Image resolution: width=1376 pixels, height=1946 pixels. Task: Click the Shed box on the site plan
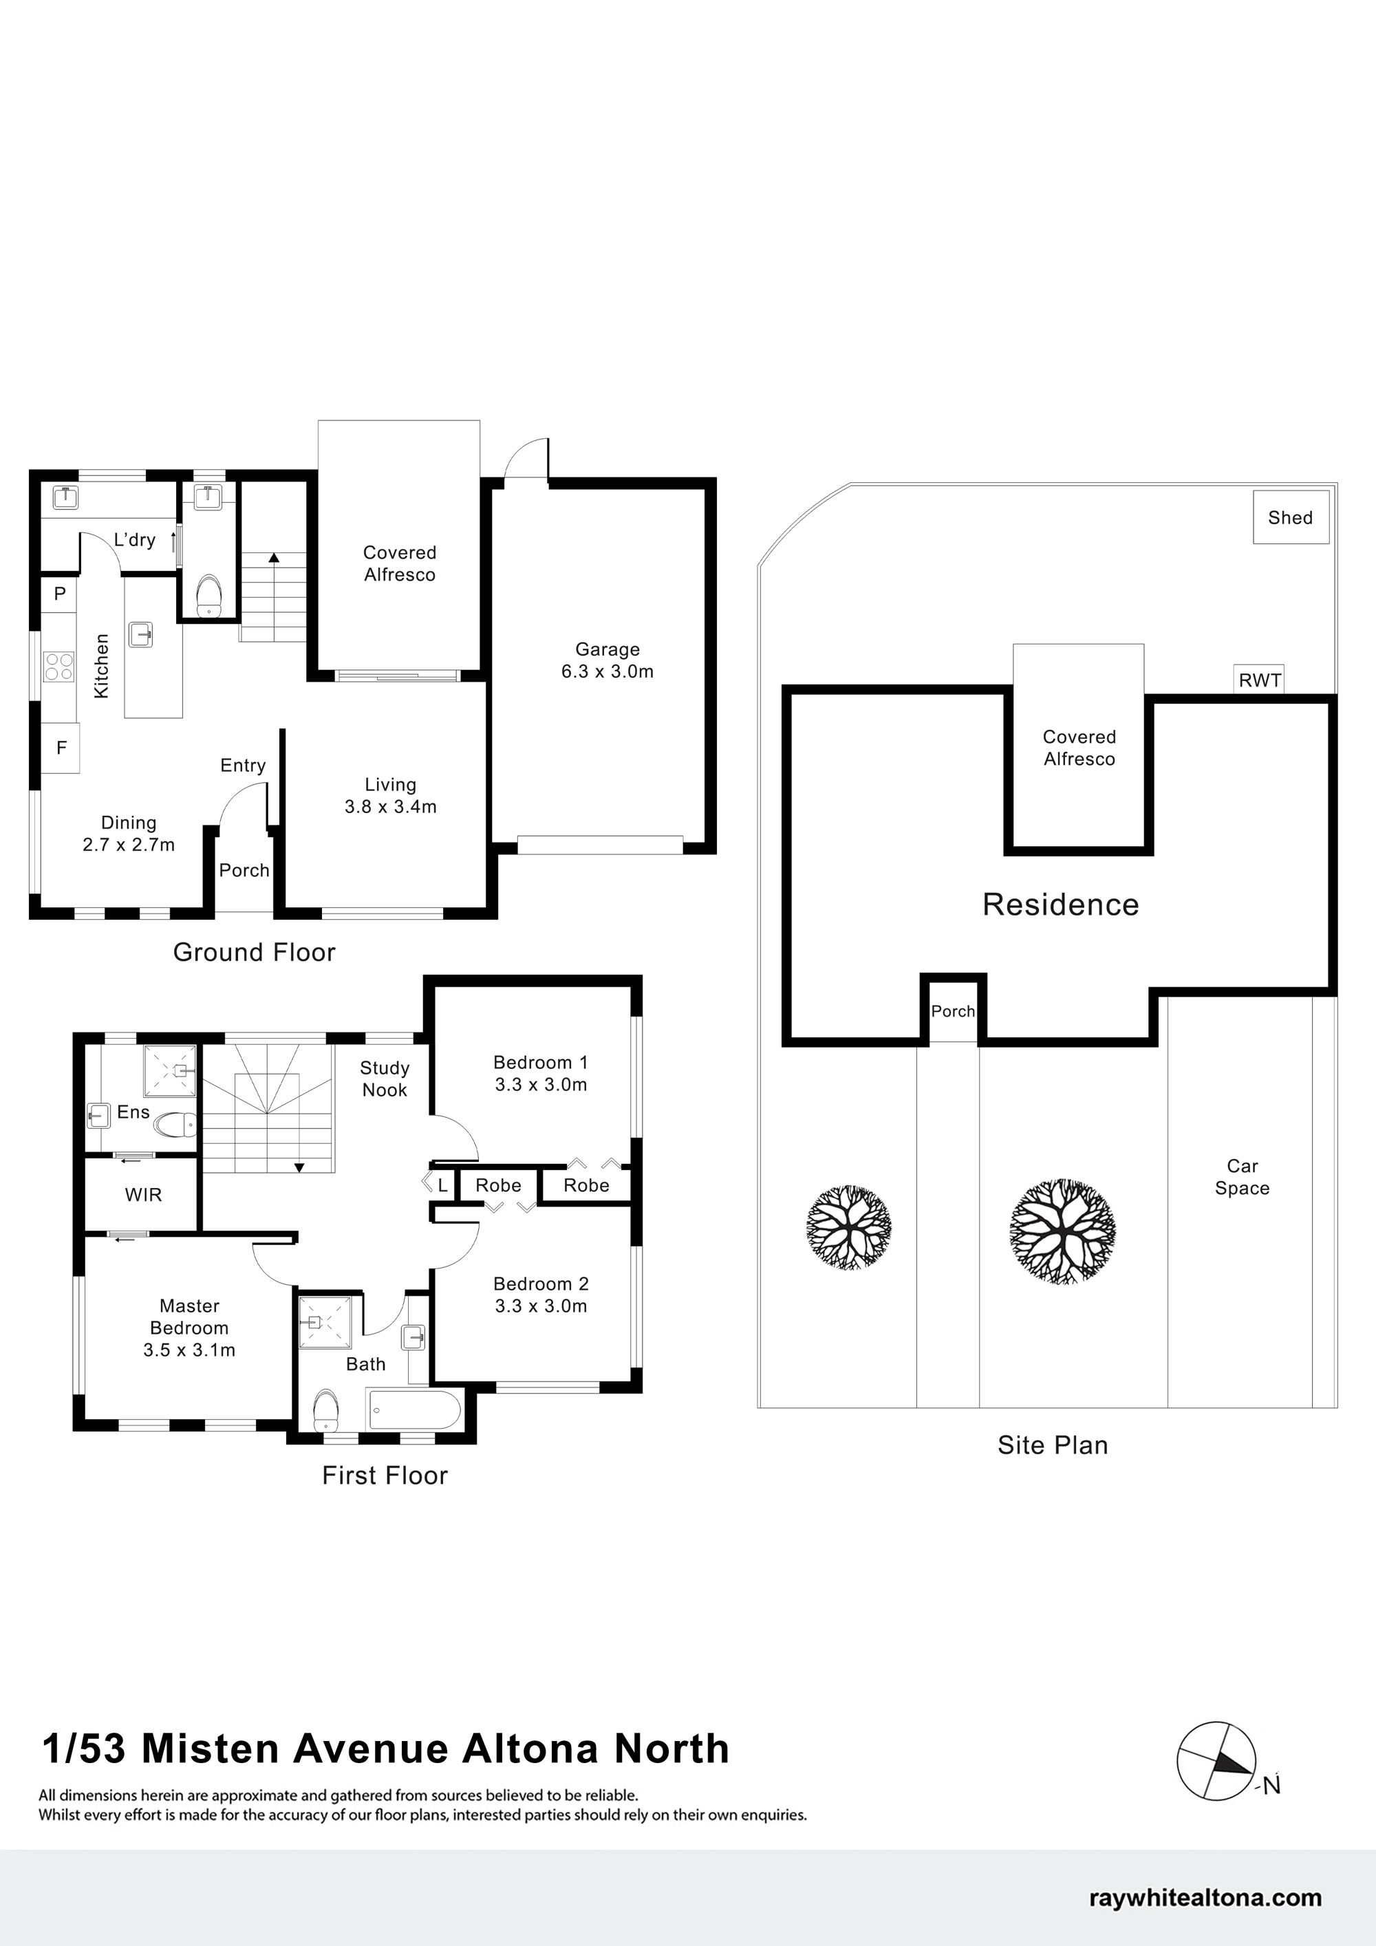coord(1291,517)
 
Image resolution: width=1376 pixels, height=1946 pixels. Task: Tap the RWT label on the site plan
coord(1259,680)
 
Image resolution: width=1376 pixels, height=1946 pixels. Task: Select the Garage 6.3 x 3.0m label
coord(607,660)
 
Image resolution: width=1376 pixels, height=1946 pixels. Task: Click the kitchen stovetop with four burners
coord(58,665)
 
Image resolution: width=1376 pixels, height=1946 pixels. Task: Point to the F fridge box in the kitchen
coord(61,748)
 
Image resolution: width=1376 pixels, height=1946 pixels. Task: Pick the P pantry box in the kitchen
coord(60,593)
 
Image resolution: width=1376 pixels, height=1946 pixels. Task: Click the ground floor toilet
coord(208,595)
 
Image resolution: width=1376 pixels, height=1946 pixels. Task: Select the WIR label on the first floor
coord(143,1195)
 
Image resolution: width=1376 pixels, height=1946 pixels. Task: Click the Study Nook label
coord(385,1079)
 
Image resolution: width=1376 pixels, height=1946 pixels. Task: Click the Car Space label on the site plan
coord(1242,1176)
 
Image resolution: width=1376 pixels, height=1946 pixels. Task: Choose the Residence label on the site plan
coord(1061,905)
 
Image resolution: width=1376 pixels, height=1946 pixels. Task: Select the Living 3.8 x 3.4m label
coord(390,796)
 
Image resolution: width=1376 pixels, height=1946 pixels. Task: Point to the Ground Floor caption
coord(255,952)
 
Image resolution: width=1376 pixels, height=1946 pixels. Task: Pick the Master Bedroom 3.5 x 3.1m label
coord(189,1328)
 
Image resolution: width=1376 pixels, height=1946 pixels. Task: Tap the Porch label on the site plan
coord(953,1010)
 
